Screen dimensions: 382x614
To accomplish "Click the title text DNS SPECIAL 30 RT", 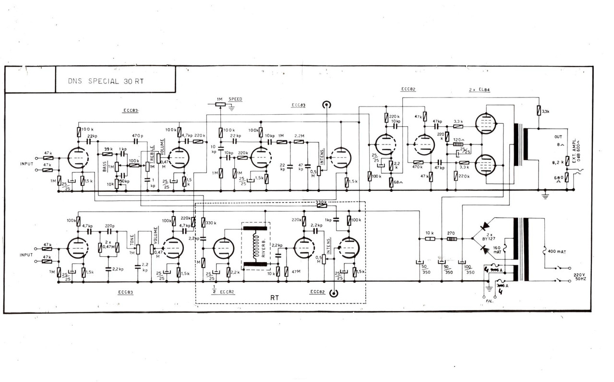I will point(106,81).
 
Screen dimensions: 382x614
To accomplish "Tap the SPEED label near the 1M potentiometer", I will point(235,99).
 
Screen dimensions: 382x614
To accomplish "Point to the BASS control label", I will point(104,167).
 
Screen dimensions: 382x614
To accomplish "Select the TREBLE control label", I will point(153,155).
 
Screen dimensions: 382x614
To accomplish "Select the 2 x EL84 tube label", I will point(479,90).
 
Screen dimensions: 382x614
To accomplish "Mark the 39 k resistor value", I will point(108,149).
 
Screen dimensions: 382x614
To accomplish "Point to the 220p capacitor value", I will point(110,226).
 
